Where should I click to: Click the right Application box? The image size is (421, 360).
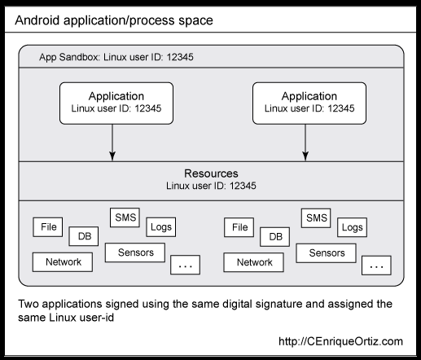click(305, 103)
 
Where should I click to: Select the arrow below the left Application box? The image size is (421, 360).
click(113, 142)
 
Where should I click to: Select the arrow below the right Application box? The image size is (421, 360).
click(305, 142)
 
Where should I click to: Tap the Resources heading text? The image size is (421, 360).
click(211, 173)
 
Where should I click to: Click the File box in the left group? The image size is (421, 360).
click(47, 227)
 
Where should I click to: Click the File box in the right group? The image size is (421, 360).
click(239, 227)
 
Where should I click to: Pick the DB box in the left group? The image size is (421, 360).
click(84, 237)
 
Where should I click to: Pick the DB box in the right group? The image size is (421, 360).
click(276, 237)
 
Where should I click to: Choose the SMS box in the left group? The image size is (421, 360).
click(125, 217)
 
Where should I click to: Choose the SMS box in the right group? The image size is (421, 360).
click(316, 217)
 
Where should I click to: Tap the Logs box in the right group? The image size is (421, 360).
click(352, 227)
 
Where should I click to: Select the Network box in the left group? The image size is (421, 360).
click(63, 262)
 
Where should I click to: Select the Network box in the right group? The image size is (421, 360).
click(254, 262)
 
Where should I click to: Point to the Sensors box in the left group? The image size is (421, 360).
click(135, 252)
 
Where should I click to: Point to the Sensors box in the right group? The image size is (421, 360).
click(327, 252)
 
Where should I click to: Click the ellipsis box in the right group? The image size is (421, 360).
click(376, 266)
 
